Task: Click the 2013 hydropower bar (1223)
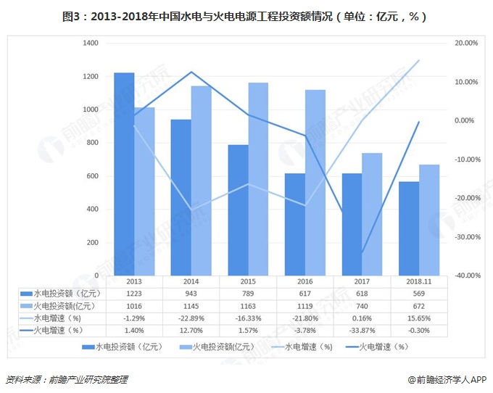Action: (124, 174)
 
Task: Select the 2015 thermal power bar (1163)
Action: (258, 179)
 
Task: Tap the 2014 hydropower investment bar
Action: (181, 197)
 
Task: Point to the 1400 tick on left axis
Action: (91, 44)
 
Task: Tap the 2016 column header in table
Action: (304, 281)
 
